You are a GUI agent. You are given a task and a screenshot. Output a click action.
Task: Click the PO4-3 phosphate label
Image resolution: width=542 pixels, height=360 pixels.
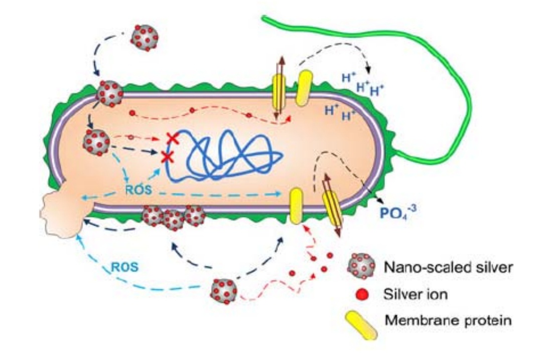[395, 215]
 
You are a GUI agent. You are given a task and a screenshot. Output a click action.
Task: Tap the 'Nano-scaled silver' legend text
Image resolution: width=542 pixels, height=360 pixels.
[448, 267]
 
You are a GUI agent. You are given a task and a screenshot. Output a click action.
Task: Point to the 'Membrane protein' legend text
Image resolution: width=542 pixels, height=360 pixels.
[448, 320]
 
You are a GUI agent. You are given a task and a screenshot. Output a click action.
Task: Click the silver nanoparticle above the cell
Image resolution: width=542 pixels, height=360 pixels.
[145, 37]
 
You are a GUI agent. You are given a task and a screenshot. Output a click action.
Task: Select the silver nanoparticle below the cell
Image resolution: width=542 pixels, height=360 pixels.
[224, 290]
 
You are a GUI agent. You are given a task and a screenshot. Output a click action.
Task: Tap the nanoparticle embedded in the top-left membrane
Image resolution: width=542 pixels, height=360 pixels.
[110, 93]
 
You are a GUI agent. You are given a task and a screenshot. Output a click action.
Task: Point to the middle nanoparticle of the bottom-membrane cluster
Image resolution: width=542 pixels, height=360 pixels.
[173, 219]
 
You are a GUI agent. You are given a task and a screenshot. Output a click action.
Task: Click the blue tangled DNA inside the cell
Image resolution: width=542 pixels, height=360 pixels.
[226, 155]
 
